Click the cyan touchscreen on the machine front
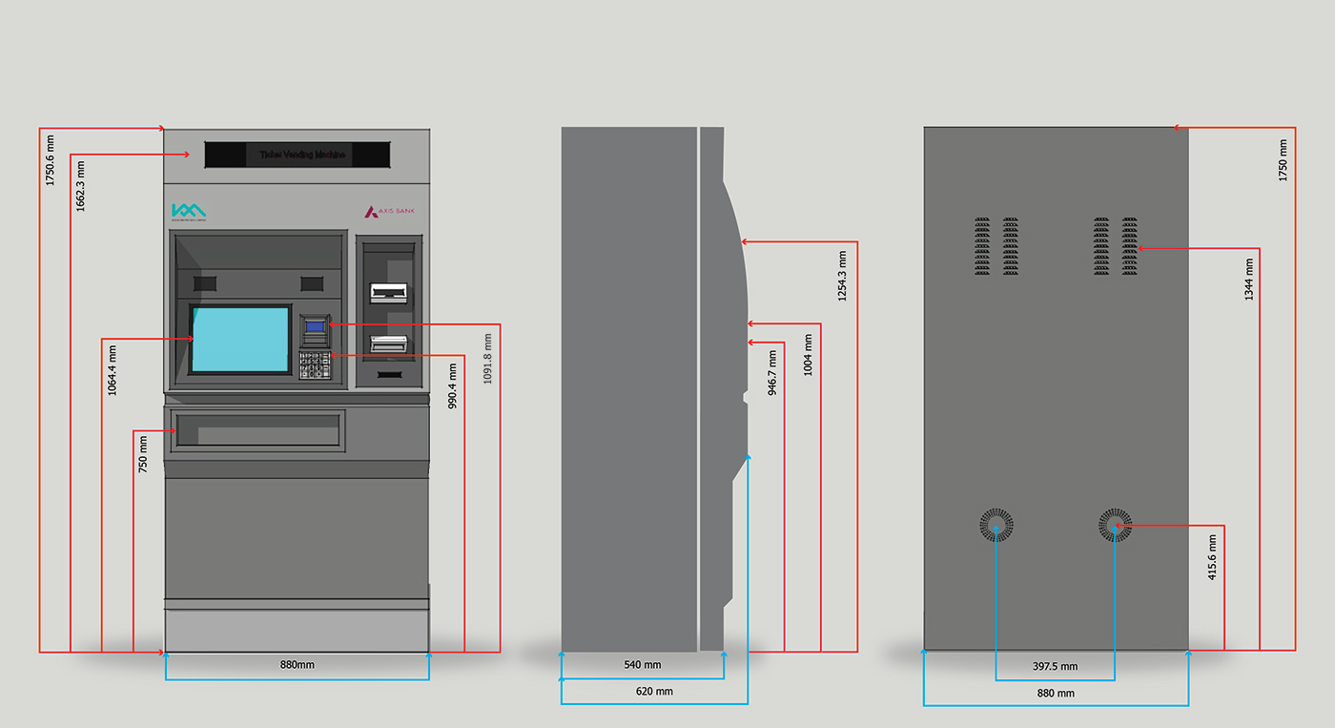click(240, 340)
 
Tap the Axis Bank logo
click(390, 212)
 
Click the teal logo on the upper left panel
click(188, 211)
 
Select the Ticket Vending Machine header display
click(297, 155)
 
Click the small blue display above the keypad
click(314, 327)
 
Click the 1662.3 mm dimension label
click(81, 186)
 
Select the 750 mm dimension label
click(143, 454)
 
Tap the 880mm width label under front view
click(297, 664)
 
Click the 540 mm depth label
click(642, 664)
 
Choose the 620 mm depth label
click(653, 691)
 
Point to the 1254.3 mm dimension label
click(842, 277)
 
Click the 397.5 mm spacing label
click(1055, 666)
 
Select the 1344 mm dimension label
click(1249, 280)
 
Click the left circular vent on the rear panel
click(996, 525)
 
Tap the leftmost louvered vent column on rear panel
click(983, 246)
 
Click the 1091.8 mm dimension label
click(488, 359)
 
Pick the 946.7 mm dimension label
click(772, 372)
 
